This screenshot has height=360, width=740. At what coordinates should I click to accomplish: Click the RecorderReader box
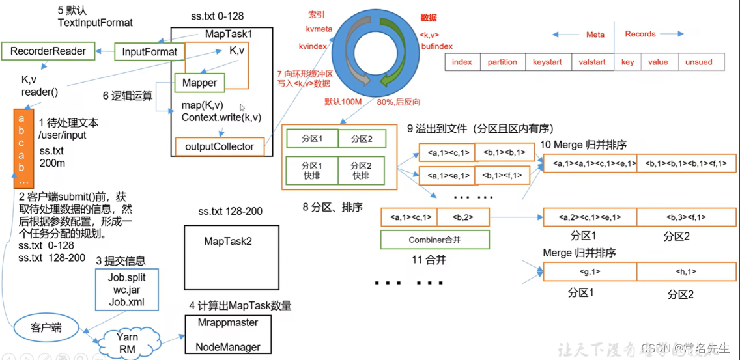[48, 50]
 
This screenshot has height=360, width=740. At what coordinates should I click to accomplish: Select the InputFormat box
[149, 52]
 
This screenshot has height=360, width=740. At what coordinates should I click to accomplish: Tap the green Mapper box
[199, 83]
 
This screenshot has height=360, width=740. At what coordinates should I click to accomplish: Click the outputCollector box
[219, 146]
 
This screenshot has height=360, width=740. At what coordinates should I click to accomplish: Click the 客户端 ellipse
[46, 327]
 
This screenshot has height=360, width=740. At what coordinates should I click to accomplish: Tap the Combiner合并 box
[435, 240]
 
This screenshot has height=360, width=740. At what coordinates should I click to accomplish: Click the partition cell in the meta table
[502, 62]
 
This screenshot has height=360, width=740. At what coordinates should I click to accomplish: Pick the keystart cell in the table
[547, 62]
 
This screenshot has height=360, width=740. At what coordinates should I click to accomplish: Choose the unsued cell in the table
[699, 62]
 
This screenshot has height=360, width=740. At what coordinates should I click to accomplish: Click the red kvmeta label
[319, 29]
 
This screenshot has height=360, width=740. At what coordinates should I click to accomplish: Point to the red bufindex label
[436, 46]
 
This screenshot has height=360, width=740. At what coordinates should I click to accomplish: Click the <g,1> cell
[590, 271]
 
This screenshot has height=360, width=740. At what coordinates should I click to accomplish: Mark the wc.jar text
[126, 290]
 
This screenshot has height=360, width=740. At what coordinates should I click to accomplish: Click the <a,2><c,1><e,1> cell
[590, 217]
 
